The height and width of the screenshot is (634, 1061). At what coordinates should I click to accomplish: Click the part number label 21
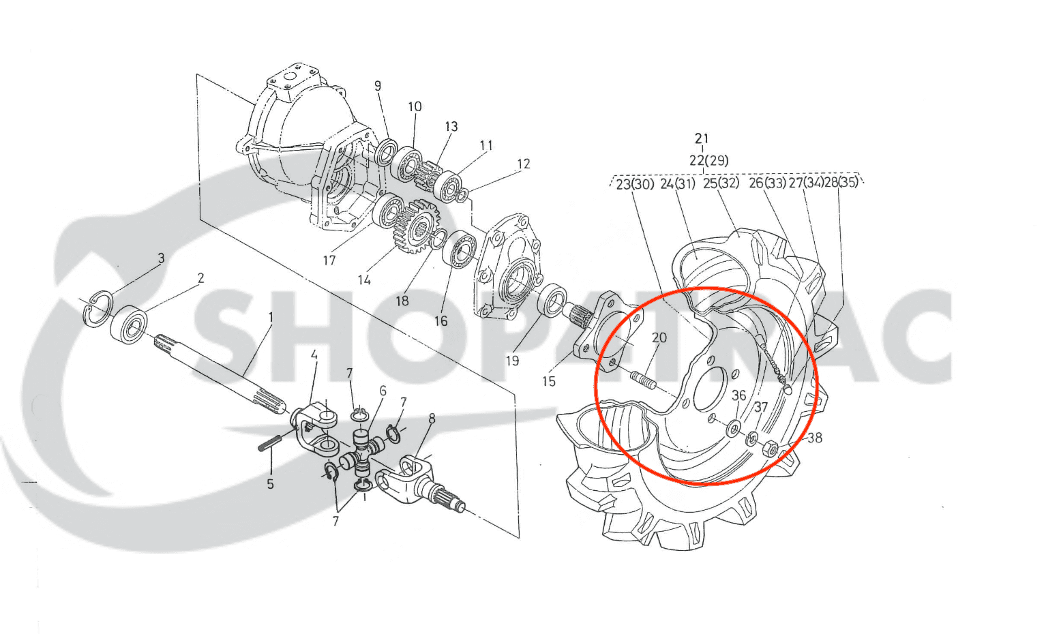(702, 138)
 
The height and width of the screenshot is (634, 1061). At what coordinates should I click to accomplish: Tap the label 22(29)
(708, 160)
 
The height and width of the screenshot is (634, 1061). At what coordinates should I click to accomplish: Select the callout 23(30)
(635, 183)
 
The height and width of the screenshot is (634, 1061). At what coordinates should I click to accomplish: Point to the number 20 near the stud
(659, 337)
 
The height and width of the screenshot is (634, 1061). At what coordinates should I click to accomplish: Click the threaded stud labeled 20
(642, 380)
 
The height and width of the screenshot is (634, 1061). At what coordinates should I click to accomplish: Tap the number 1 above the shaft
(270, 317)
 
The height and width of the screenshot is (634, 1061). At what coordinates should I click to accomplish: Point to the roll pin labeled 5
(269, 444)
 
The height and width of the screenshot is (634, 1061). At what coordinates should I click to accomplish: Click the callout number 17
(329, 260)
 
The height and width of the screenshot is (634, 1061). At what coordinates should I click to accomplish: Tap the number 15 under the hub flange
(549, 381)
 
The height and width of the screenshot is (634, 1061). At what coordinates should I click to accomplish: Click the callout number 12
(523, 164)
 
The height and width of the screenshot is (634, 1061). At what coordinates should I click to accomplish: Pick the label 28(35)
(841, 183)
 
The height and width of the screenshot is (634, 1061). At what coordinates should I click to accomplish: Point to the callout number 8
(432, 418)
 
